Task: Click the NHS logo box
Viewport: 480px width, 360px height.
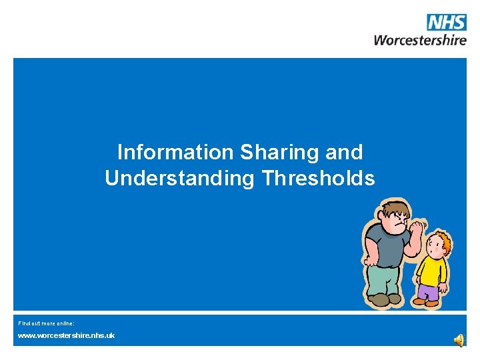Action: pos(447,22)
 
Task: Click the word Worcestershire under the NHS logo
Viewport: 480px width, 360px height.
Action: pos(420,39)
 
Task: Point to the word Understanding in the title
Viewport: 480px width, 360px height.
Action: pos(179,179)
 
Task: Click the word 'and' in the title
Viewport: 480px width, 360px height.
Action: pos(345,153)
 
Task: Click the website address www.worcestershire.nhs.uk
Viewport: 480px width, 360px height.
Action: pos(66,335)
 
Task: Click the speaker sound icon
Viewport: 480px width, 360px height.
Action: pos(459,340)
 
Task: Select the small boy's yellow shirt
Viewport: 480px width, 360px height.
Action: pos(431,269)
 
